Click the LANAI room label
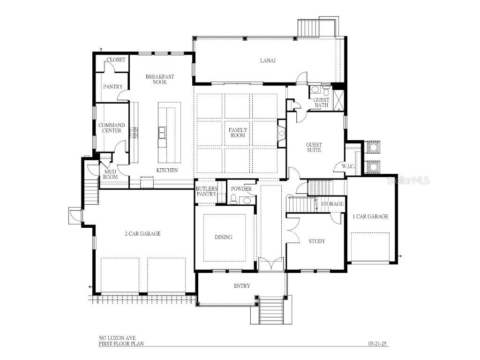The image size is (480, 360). coord(268,60)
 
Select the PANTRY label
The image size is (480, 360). coord(112,87)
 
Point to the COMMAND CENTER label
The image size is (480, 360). coord(112,128)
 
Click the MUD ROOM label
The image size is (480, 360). coord(111,174)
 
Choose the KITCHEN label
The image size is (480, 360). coord(167,170)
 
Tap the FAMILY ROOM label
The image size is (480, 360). coord(238,133)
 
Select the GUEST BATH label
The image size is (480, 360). coord(322,102)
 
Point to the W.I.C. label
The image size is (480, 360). coord(348,166)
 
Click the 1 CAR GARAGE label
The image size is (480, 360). coord(370,217)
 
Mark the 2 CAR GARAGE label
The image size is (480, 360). coord(142,233)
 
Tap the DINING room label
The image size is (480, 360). coord(224,237)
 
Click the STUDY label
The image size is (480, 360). coord(316,241)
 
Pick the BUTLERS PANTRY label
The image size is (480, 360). coord(206,191)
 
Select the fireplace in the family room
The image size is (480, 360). coord(282,134)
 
